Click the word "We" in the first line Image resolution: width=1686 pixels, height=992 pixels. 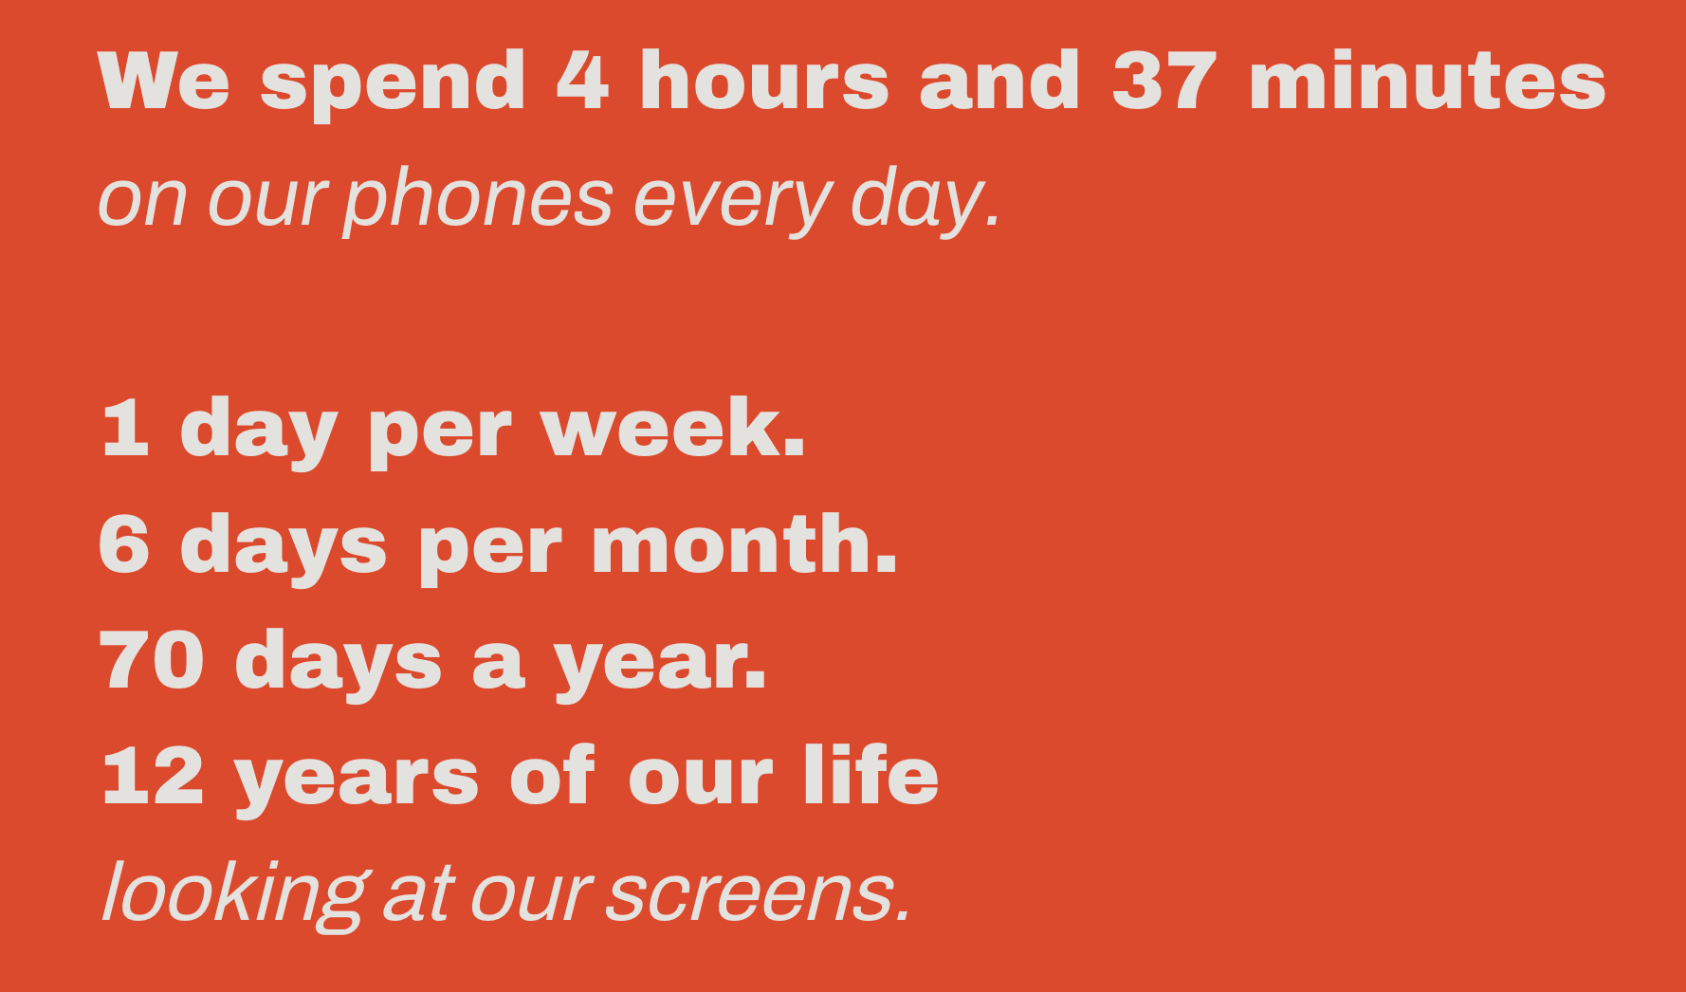coord(163,82)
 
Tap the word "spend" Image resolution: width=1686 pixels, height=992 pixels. coord(393,84)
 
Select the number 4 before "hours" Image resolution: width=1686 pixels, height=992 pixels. coord(583,81)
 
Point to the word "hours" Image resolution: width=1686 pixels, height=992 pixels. coord(764,81)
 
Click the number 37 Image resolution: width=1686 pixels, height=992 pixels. coord(1164,81)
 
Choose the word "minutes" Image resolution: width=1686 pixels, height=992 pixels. coord(1427,81)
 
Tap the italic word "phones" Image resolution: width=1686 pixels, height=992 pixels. coord(478,200)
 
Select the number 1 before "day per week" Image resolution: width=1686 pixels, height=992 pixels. coord(125,429)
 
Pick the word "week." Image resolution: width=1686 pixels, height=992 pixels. coord(672,428)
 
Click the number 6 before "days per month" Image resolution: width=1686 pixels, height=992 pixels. coord(124,544)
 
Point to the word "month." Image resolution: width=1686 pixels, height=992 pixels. coord(744,543)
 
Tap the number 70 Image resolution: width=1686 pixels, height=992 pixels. coord(152,661)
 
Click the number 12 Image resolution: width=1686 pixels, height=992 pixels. coord(153,777)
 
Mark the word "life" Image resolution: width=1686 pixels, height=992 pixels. coord(870,775)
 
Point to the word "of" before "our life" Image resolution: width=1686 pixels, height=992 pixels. coord(553,775)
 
